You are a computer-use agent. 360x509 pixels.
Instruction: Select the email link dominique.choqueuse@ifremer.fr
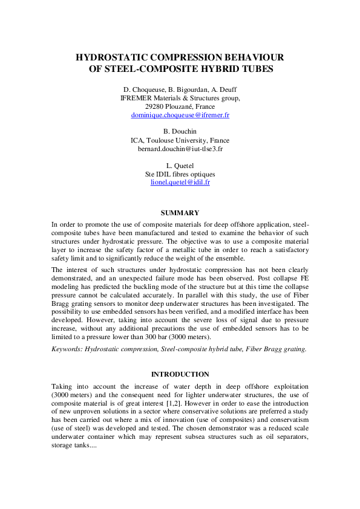[x=180, y=114]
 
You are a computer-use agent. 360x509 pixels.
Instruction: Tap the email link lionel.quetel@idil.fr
[x=180, y=182]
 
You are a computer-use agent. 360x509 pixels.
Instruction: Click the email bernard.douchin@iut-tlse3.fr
[x=180, y=148]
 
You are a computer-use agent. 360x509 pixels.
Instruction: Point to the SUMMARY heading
[x=180, y=213]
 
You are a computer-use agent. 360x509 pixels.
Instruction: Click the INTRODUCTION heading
[x=180, y=374]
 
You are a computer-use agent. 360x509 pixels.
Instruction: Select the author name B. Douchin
[x=180, y=131]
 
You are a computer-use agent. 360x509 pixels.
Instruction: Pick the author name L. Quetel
[x=180, y=165]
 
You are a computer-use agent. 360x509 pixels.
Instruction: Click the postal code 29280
[x=163, y=106]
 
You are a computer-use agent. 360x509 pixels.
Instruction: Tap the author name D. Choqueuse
[x=143, y=89]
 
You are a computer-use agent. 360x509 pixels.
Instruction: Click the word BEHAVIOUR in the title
[x=253, y=57]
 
